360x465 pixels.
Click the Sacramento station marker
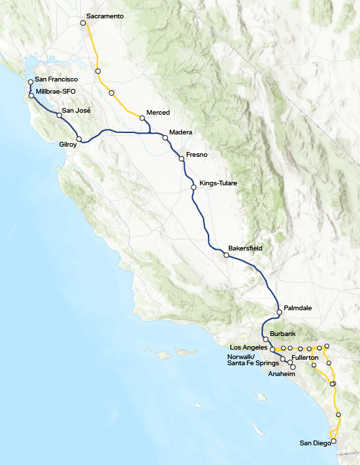pyautogui.click(x=83, y=23)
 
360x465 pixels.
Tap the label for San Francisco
pyautogui.click(x=56, y=79)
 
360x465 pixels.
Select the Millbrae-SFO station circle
pyautogui.click(x=31, y=95)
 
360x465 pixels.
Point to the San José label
pyautogui.click(x=76, y=110)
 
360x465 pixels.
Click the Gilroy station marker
pyautogui.click(x=79, y=139)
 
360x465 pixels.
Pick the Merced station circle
pyautogui.click(x=142, y=118)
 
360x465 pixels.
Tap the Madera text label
pyautogui.click(x=181, y=132)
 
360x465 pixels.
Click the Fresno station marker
pyautogui.click(x=181, y=159)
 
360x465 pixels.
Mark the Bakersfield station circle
pyautogui.click(x=226, y=255)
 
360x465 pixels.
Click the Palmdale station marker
pyautogui.click(x=279, y=312)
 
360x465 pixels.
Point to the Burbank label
pyautogui.click(x=283, y=334)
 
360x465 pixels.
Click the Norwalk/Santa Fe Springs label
pyautogui.click(x=253, y=360)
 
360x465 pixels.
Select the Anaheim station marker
pyautogui.click(x=293, y=367)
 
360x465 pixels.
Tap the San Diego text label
pyautogui.click(x=315, y=443)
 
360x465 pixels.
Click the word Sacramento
pyautogui.click(x=105, y=16)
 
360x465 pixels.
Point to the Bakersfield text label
pyautogui.click(x=245, y=248)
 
